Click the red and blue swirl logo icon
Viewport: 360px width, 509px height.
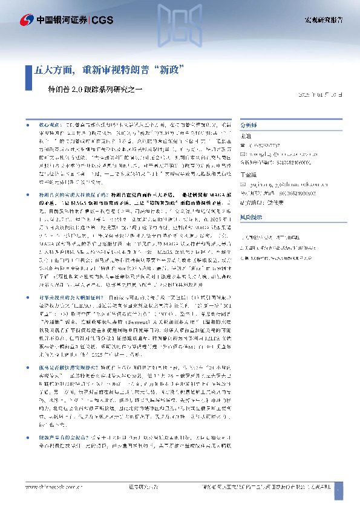(x=27, y=21)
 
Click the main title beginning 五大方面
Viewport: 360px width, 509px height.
(x=109, y=69)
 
